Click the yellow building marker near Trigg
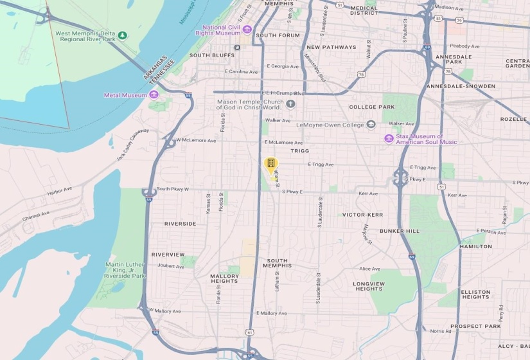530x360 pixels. click(x=271, y=163)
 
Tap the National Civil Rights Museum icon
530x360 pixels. click(x=247, y=30)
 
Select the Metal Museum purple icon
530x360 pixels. click(x=154, y=94)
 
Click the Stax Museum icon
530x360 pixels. click(x=389, y=138)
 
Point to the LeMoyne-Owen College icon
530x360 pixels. click(x=371, y=124)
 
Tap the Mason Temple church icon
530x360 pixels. click(x=290, y=104)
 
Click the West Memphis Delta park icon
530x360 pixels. click(x=123, y=35)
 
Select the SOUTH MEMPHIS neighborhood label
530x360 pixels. click(x=278, y=263)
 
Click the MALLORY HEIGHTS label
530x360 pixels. click(x=224, y=278)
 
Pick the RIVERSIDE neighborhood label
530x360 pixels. click(x=181, y=224)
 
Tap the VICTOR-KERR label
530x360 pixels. click(x=362, y=215)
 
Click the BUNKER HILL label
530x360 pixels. click(x=399, y=231)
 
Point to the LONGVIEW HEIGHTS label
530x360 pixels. click(x=369, y=286)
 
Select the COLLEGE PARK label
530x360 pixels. click(x=371, y=107)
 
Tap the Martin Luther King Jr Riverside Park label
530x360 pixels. click(x=126, y=270)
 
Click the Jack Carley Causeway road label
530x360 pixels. click(x=133, y=146)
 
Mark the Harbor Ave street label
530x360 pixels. click(x=60, y=192)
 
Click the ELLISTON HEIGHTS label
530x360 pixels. click(x=475, y=294)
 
